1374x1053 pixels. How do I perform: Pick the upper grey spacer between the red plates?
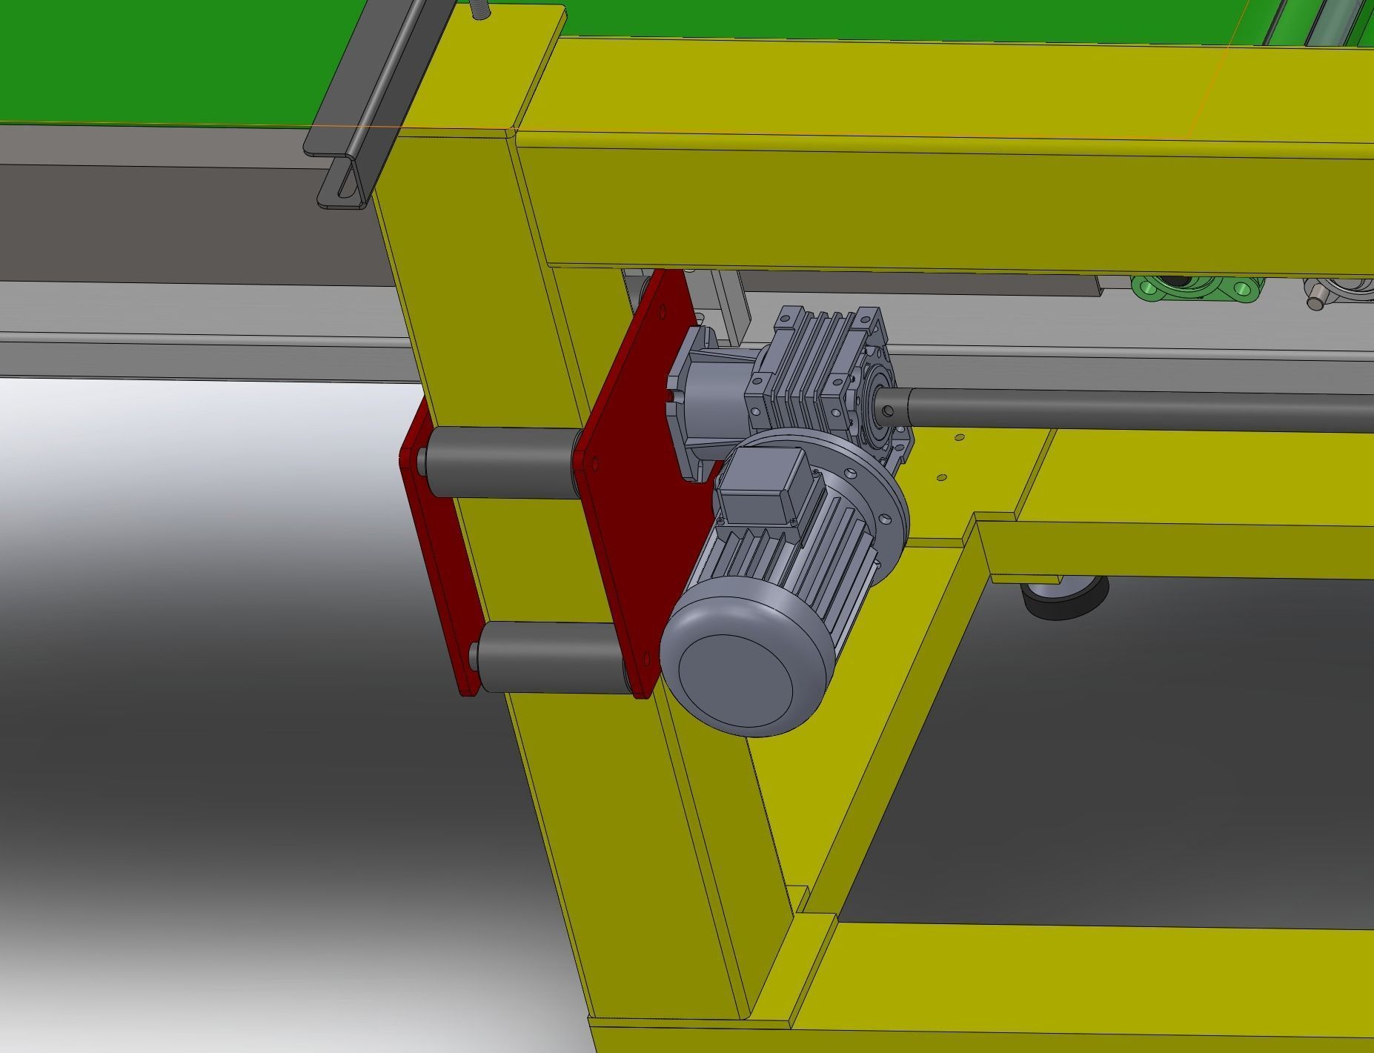[500, 462]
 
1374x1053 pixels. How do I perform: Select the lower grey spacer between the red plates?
[552, 657]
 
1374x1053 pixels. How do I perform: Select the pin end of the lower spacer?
[473, 654]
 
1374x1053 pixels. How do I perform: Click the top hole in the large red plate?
[594, 465]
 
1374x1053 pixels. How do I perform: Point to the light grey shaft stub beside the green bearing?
[1315, 301]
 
